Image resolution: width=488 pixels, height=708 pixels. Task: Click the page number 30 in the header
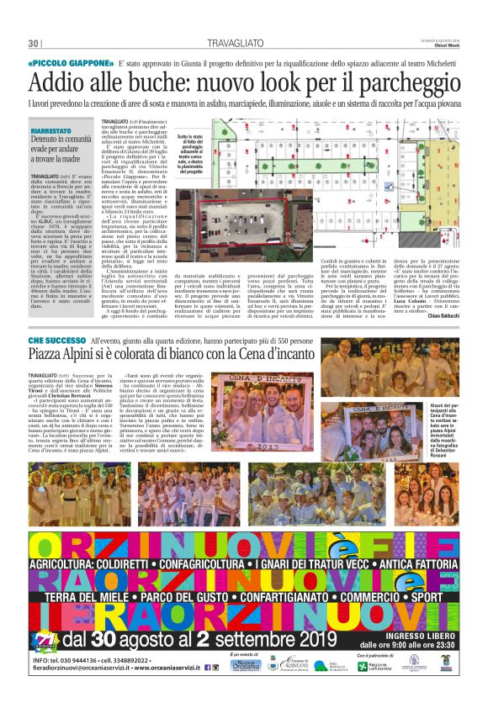(34, 43)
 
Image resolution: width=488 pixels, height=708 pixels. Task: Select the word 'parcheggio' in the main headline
(407, 83)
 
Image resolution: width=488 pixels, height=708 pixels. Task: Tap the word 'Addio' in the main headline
(59, 83)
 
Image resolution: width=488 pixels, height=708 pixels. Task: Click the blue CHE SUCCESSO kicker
(57, 341)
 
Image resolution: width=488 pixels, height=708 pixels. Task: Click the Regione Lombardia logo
(375, 690)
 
